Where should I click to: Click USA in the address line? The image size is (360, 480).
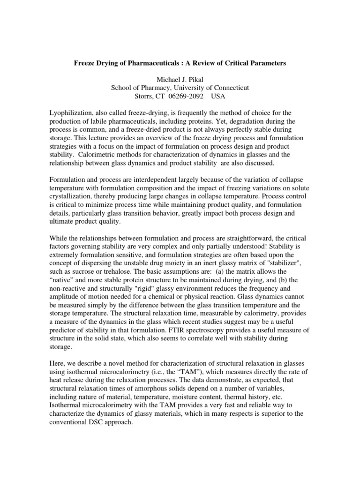[218, 97]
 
